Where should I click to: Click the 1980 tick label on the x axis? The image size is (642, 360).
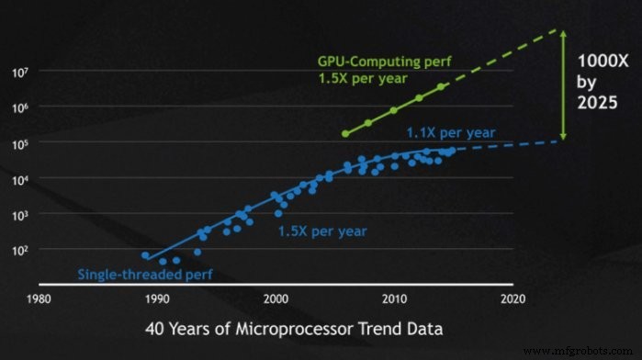39,298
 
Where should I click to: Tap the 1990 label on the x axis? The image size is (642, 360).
157,298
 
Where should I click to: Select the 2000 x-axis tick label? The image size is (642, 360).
276,298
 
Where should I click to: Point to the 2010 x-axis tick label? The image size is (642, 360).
395,298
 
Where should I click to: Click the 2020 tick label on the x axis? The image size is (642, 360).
512,298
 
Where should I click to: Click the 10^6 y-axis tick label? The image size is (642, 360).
21,107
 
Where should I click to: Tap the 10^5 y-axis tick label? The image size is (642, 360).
21,142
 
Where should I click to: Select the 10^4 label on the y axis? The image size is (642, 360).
21,178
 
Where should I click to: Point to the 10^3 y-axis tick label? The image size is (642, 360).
21,214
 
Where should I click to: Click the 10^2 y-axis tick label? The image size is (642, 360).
21,250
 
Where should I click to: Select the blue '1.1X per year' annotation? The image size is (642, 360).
451,132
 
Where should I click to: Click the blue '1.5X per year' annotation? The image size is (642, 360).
322,232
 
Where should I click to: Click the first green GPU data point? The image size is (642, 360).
345,133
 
